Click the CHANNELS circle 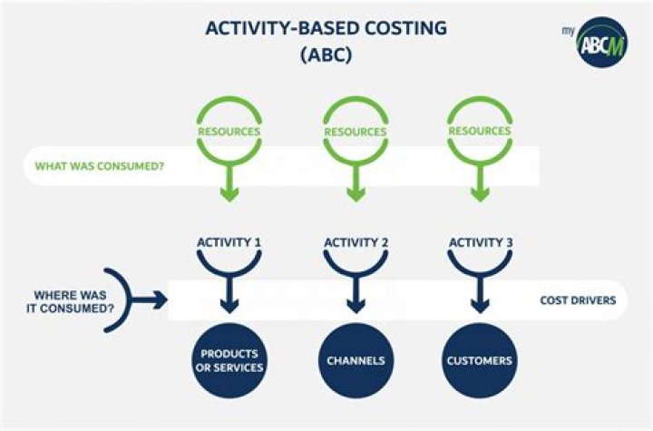coord(355,360)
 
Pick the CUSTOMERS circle coord(479,360)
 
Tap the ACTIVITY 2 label coord(355,242)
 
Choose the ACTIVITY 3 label coord(479,242)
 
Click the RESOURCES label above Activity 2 coord(355,131)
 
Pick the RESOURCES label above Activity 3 coord(479,131)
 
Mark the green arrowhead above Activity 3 coord(479,191)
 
